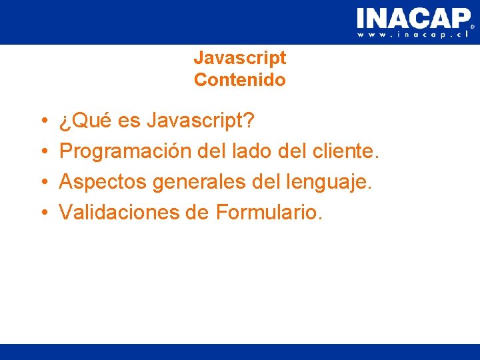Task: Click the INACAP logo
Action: click(413, 18)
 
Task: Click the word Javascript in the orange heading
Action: click(240, 58)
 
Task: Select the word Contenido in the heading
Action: click(240, 81)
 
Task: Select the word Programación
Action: click(126, 152)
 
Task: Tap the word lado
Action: click(251, 152)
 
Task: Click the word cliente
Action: click(345, 152)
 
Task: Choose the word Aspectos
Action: click(103, 182)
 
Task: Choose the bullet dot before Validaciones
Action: click(42, 213)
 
